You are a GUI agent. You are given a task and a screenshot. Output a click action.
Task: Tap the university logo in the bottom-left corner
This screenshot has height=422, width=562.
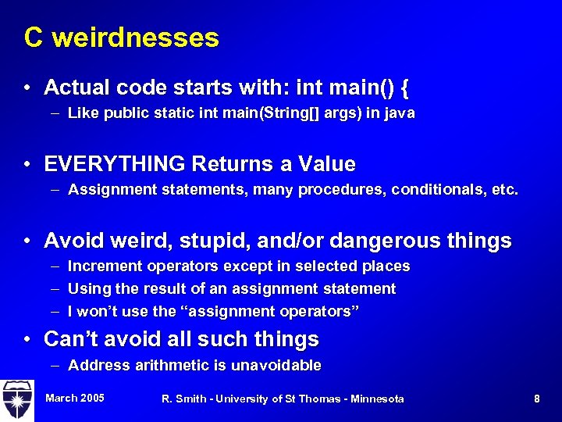[16, 399]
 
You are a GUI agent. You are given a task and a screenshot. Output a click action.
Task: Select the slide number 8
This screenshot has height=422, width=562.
[537, 399]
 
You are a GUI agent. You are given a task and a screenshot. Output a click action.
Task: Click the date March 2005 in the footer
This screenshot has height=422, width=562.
[75, 399]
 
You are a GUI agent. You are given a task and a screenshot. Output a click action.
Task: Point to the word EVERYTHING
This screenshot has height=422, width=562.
[115, 165]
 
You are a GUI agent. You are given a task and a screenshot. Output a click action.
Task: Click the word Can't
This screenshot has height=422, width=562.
[73, 339]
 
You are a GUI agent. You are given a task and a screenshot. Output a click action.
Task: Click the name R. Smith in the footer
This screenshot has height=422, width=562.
[184, 399]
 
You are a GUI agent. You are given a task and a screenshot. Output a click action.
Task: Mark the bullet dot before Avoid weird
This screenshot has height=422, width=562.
[27, 241]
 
